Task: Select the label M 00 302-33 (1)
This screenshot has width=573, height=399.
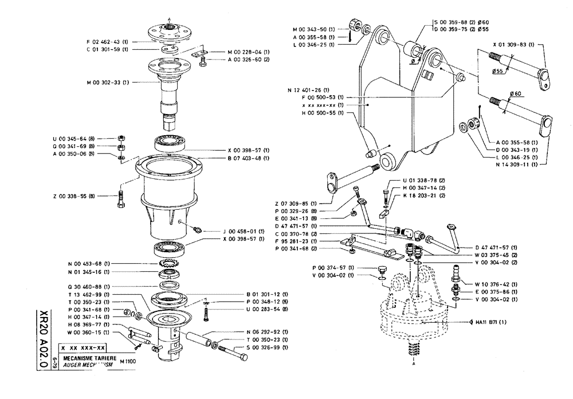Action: coord(109,82)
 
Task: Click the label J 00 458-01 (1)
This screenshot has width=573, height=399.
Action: coord(243,231)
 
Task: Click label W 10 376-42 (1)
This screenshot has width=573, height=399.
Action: coord(497,283)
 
